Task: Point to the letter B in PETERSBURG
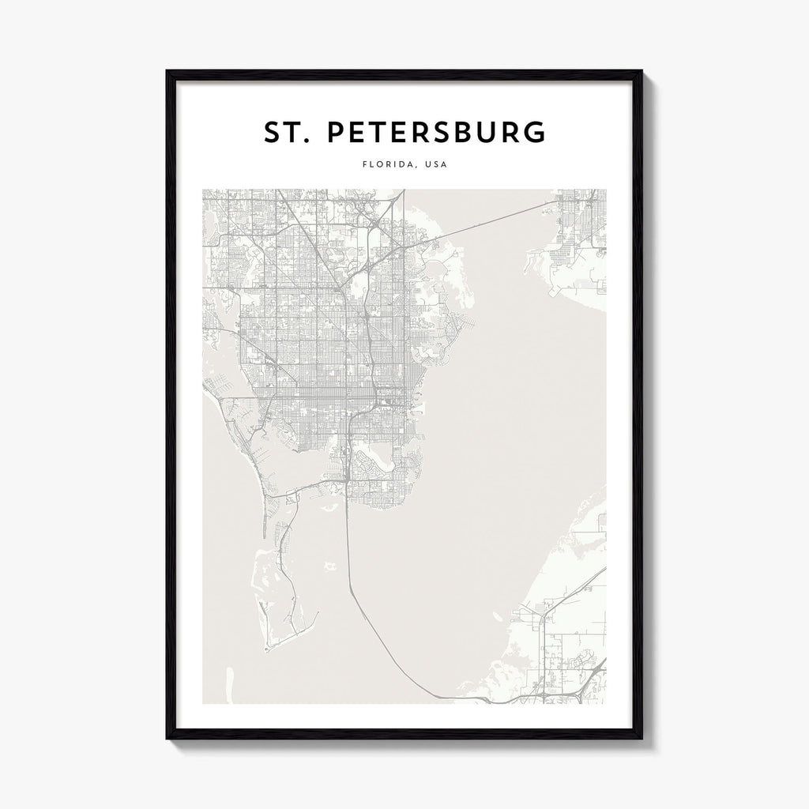(x=476, y=134)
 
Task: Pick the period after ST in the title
(x=307, y=143)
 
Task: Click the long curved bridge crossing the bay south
(x=371, y=624)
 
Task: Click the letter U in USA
(x=427, y=165)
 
